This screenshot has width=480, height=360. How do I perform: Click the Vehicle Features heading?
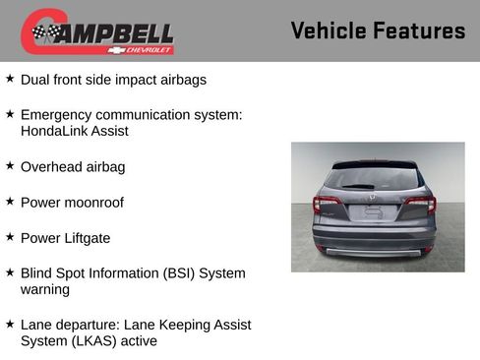point(378,30)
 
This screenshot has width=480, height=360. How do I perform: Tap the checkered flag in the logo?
point(44,32)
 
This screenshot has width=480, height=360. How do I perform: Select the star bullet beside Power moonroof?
point(10,201)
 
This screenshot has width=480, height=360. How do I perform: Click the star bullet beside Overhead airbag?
point(10,165)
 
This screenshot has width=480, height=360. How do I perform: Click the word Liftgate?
point(87,238)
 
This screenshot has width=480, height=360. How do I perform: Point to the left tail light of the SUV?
point(328,205)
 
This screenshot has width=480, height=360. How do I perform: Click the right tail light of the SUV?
point(420,205)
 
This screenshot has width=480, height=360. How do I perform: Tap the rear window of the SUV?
point(374,178)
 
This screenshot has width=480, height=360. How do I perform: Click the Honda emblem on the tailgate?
point(372,197)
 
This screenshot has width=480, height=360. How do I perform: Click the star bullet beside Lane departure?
point(10,323)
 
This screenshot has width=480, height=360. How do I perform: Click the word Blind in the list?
point(37,273)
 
